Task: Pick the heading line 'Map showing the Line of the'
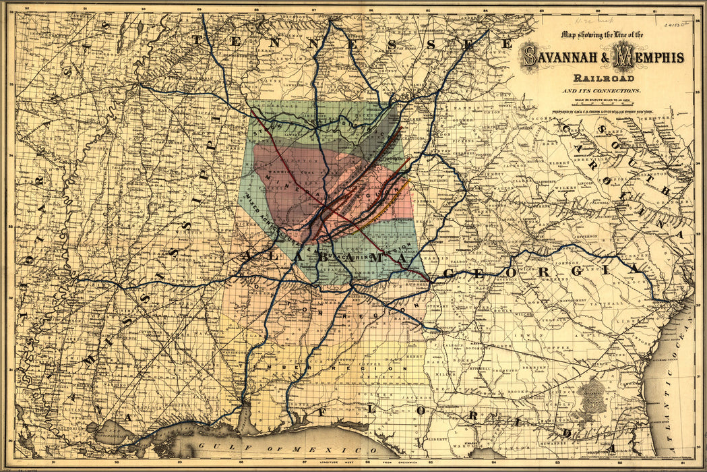tap(603, 35)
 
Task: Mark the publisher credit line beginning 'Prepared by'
tap(603, 111)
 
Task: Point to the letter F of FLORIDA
tap(321, 411)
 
